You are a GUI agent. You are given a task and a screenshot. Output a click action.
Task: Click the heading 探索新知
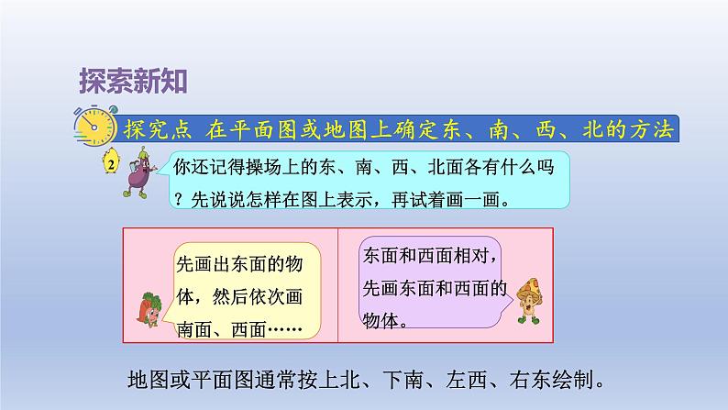click(x=134, y=81)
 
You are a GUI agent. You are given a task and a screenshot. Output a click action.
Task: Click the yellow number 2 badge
click(x=111, y=165)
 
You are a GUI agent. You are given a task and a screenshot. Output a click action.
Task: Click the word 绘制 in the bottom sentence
click(x=588, y=379)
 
